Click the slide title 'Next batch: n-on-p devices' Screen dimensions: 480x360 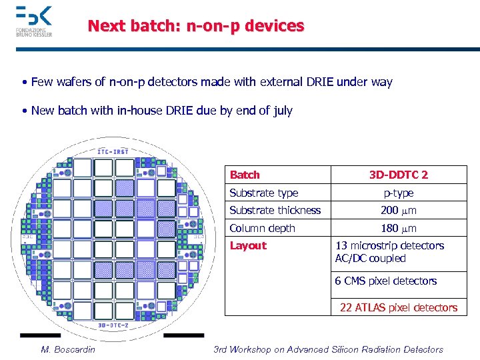click(x=196, y=26)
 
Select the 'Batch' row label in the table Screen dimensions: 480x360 click(x=245, y=175)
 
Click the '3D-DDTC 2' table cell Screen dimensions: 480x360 click(x=399, y=175)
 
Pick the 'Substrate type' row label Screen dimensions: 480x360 click(x=263, y=193)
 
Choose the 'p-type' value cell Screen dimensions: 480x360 click(x=399, y=193)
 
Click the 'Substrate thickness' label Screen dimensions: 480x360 click(x=275, y=210)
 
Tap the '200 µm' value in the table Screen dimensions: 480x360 click(x=399, y=211)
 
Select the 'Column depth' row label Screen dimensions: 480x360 click(x=262, y=228)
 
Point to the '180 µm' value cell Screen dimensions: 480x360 click(x=399, y=228)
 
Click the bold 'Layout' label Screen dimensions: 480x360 click(x=247, y=245)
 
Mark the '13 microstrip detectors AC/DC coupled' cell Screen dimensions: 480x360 click(x=389, y=252)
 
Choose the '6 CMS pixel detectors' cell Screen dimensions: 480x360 click(x=386, y=281)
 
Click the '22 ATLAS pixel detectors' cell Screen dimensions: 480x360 click(x=399, y=307)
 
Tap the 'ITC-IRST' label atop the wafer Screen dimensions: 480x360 click(x=114, y=151)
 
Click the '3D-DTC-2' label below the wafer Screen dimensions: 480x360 click(x=114, y=325)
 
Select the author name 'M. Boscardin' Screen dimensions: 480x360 click(x=68, y=349)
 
